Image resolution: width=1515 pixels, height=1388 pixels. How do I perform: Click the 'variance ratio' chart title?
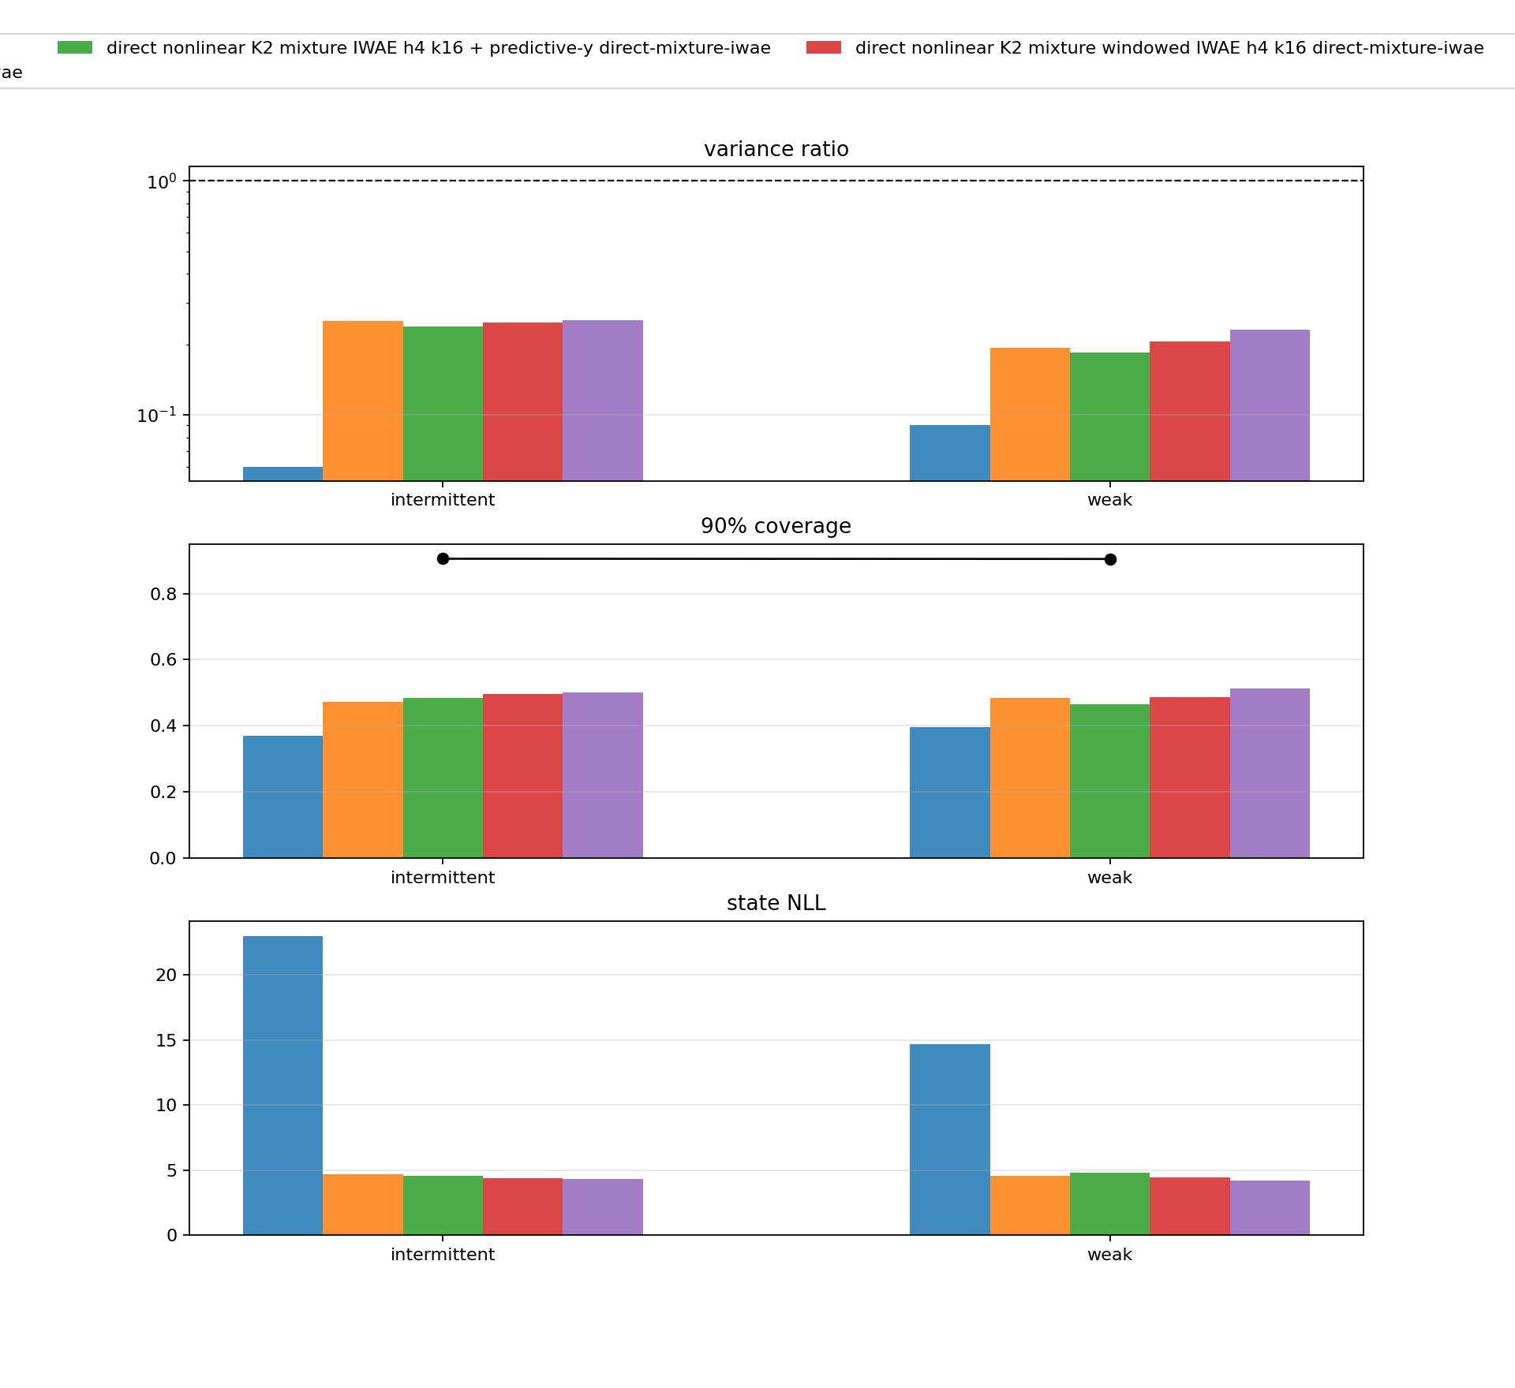(776, 149)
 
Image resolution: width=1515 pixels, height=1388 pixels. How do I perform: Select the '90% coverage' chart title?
(776, 526)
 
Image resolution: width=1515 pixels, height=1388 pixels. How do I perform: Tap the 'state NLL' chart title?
(776, 903)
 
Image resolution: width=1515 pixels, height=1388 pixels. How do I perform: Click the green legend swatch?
(75, 48)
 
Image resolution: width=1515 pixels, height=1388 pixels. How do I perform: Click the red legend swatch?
(824, 48)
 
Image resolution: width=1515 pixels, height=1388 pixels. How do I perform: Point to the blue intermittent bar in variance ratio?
(282, 474)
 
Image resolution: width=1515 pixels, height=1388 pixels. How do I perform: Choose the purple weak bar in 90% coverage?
(1270, 773)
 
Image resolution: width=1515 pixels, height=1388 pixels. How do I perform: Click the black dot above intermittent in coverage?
(443, 558)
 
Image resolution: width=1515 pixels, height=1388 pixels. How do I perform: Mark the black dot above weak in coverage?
(1110, 559)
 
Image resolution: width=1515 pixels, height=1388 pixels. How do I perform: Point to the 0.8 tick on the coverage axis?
(163, 594)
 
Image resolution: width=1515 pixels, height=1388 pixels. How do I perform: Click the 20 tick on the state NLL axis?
(166, 976)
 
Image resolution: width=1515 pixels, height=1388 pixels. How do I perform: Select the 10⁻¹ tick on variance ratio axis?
(156, 415)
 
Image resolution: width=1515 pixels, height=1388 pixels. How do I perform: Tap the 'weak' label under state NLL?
(1109, 1255)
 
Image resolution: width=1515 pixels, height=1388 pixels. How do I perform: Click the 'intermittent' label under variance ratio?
(443, 500)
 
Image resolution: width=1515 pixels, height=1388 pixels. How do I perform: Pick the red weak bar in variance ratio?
(1189, 410)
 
